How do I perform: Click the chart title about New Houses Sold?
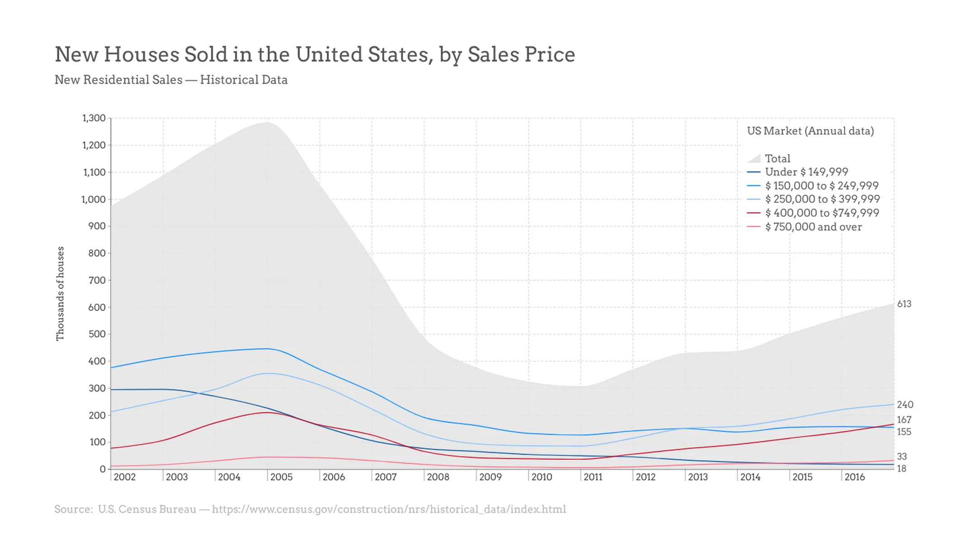315,55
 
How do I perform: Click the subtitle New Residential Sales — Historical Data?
171,80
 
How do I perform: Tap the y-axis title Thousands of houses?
60,293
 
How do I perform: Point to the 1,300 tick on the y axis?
94,118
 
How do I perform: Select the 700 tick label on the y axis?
97,280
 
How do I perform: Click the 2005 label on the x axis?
281,477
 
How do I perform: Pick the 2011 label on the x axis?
593,477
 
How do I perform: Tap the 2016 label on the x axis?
854,477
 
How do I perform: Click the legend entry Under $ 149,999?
806,172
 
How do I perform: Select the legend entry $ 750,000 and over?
813,227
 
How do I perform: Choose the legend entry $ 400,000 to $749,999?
822,213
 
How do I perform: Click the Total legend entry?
777,158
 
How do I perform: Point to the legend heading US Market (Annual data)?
810,131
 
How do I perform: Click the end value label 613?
904,304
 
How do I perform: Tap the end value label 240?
905,405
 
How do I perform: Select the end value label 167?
904,420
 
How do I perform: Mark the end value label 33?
902,457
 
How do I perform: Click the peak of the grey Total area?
267,123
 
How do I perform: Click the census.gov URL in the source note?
389,510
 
